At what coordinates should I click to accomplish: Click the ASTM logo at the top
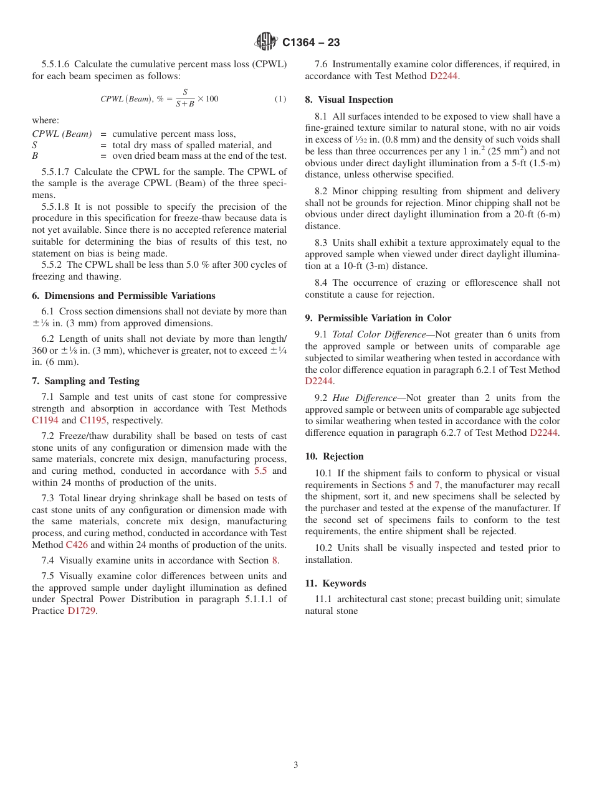pyautogui.click(x=267, y=42)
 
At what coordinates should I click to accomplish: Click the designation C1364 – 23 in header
pyautogui.click(x=311, y=42)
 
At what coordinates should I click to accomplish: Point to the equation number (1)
pyautogui.click(x=280, y=99)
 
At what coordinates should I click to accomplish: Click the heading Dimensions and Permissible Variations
pyautogui.click(x=123, y=296)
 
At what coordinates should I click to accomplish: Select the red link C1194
pyautogui.click(x=45, y=420)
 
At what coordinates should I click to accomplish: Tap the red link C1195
pyautogui.click(x=93, y=420)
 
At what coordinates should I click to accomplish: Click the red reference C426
pyautogui.click(x=77, y=545)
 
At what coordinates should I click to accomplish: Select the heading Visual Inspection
pyautogui.click(x=348, y=100)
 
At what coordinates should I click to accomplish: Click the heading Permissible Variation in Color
pyautogui.click(x=378, y=318)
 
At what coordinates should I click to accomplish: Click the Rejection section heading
pyautogui.click(x=334, y=456)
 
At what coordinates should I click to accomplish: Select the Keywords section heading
pyautogui.click(x=335, y=583)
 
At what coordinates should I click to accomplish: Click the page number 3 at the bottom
pyautogui.click(x=296, y=765)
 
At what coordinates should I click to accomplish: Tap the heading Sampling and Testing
pyautogui.click(x=85, y=381)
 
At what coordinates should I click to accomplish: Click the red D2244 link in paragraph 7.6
pyautogui.click(x=444, y=76)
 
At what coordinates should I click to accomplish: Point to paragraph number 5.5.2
pyautogui.click(x=51, y=265)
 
